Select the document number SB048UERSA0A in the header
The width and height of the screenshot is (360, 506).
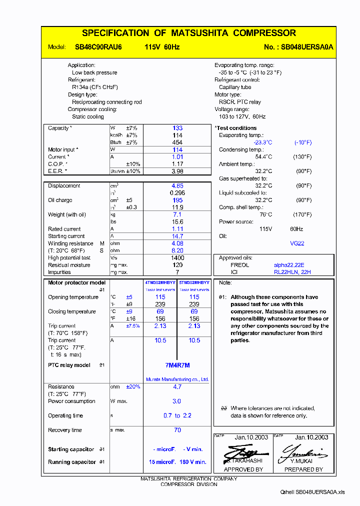click(306, 47)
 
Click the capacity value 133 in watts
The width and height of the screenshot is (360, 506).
click(177, 128)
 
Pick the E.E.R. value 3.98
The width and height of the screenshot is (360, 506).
click(177, 171)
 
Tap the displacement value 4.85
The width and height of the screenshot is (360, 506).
click(177, 186)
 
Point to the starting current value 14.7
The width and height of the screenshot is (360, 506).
click(177, 236)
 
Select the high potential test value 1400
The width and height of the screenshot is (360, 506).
click(177, 258)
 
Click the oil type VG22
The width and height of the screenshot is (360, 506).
click(297, 243)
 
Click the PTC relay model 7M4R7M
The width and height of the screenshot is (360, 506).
click(177, 365)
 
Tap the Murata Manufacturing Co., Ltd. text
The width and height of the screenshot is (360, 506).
click(177, 379)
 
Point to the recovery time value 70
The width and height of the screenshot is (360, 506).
click(177, 430)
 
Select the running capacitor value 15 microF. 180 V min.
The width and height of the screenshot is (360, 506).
click(177, 462)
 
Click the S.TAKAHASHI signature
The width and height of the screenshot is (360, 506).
click(243, 452)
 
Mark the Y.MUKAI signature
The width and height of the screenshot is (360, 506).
click(303, 452)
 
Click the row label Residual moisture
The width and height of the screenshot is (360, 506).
click(69, 265)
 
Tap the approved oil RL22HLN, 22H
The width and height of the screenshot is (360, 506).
click(292, 272)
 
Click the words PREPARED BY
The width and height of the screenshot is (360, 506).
click(303, 469)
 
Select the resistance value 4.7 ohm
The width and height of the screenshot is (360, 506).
click(177, 387)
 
